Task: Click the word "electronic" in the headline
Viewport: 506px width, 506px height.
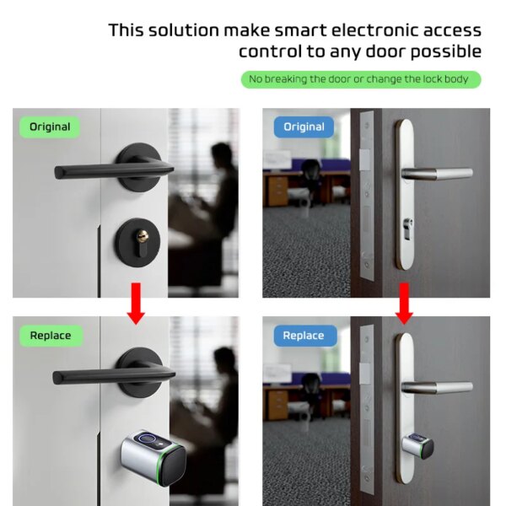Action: click(359, 30)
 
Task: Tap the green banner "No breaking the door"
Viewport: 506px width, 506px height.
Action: click(361, 79)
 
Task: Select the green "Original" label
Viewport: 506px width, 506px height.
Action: click(50, 127)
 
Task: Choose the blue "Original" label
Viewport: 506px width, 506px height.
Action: click(304, 127)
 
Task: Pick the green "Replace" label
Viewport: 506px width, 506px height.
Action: click(50, 336)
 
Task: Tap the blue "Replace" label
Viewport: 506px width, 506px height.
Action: click(304, 336)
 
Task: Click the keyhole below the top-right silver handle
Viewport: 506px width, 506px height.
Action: click(410, 230)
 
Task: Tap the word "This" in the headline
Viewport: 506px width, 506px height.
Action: click(130, 30)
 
